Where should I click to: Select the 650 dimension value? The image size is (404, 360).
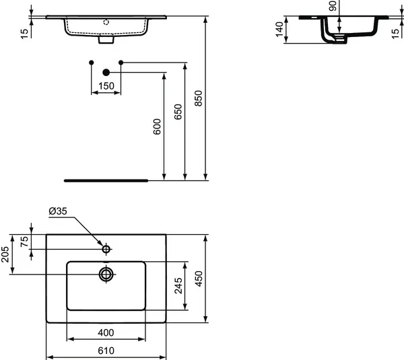pyautogui.click(x=178, y=112)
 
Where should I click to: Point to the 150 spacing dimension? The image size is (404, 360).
pyautogui.click(x=106, y=86)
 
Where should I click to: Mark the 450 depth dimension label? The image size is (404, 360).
pyautogui.click(x=198, y=279)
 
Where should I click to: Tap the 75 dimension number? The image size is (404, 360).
pyautogui.click(x=25, y=242)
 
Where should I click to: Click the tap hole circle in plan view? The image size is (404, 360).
pyautogui.click(x=106, y=250)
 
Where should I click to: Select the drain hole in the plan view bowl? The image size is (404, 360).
pyautogui.click(x=106, y=274)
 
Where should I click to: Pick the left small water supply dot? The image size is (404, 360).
pyautogui.click(x=92, y=63)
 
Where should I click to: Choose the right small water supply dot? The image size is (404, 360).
pyautogui.click(x=121, y=63)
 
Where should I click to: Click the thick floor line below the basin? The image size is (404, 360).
pyautogui.click(x=106, y=180)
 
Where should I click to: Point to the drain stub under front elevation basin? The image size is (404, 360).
pyautogui.click(x=106, y=40)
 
